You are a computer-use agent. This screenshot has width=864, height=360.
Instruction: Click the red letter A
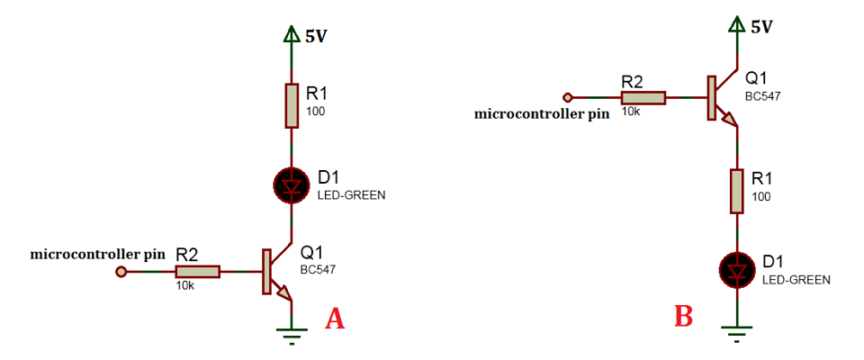[335, 319]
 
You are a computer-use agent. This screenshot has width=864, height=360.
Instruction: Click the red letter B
[683, 316]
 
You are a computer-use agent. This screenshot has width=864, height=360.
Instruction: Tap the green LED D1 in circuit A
[291, 186]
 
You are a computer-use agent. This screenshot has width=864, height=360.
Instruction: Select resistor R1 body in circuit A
[291, 105]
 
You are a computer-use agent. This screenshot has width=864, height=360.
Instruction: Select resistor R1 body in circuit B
[737, 191]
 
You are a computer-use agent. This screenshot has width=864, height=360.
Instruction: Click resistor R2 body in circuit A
[197, 270]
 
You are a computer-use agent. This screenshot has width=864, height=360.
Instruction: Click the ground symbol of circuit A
[291, 335]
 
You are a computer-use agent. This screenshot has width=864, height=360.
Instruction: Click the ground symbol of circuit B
[737, 335]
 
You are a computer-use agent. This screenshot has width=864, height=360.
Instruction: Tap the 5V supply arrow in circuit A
[291, 36]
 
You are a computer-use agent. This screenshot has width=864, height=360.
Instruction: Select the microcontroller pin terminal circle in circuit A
[121, 270]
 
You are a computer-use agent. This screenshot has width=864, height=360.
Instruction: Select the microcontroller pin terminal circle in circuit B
[567, 96]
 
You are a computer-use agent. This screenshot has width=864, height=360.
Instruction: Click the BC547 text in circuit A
[318, 269]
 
